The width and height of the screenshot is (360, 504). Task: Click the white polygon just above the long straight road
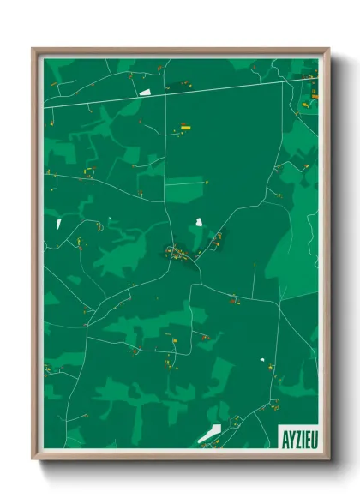click(145, 90)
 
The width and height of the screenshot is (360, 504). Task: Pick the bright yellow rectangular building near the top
click(185, 127)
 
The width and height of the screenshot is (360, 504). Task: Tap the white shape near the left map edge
click(59, 223)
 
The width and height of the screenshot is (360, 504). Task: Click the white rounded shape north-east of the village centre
click(199, 222)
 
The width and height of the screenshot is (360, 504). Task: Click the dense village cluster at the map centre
click(177, 252)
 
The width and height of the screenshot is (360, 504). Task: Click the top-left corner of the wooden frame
click(33, 49)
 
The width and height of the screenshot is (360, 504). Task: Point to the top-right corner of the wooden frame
click(327, 49)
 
